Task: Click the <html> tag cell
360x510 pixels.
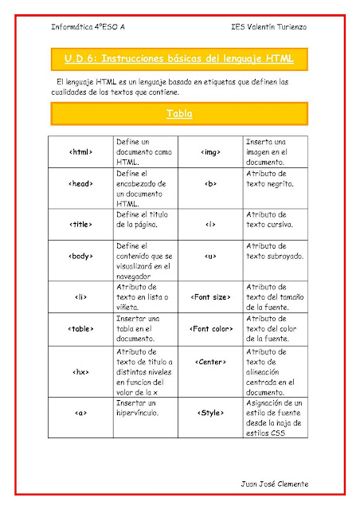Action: (82, 151)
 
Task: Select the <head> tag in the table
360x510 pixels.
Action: (82, 182)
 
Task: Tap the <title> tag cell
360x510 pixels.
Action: (82, 224)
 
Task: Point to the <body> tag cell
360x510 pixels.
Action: (82, 257)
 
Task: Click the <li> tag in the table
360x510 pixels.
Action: (82, 297)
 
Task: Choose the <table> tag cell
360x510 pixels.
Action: (82, 328)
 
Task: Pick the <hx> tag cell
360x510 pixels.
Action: (82, 371)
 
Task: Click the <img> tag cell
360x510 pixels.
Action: (211, 151)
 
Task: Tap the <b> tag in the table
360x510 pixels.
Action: (211, 182)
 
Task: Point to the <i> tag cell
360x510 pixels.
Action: (211, 224)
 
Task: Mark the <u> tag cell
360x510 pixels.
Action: (211, 257)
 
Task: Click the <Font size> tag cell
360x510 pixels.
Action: (211, 297)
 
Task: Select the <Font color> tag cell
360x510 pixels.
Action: (211, 328)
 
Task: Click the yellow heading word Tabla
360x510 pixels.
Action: (179, 114)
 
